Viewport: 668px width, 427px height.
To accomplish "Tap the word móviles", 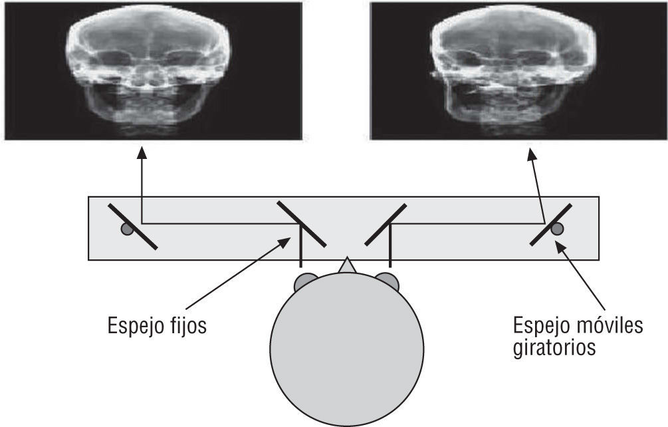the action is click(x=608, y=326).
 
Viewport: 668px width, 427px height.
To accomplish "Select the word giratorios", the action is click(x=554, y=348).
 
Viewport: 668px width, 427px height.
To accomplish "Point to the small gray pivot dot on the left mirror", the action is click(x=126, y=229).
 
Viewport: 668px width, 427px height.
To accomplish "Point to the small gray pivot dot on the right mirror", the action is click(x=557, y=229).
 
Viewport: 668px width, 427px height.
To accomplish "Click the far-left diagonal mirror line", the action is click(x=133, y=227).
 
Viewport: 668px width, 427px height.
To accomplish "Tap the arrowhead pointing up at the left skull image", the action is click(x=141, y=154).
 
